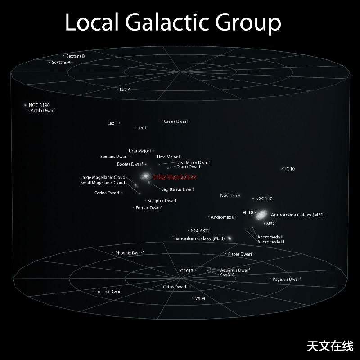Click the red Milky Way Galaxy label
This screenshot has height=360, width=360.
pos(175,177)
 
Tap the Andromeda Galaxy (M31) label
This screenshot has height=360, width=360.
pos(297,215)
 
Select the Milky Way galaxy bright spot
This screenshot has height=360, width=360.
pos(146,176)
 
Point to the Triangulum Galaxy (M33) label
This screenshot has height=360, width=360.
pos(198,238)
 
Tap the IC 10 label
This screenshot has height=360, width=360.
pos(290,169)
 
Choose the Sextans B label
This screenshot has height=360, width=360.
pos(76,56)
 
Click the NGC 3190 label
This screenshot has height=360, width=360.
pos(39,105)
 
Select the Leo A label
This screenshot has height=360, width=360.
pos(125,90)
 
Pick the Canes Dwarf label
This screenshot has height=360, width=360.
pos(176,121)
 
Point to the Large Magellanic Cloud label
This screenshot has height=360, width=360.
pos(103,177)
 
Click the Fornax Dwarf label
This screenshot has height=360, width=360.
pos(148,208)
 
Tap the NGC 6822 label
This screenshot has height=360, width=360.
pos(200,231)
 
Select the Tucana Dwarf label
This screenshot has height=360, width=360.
pos(109,292)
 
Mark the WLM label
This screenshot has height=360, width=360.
pos(200,298)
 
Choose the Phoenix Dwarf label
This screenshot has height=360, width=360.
pos(129,253)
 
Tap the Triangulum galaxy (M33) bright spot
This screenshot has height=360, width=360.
pos(229,238)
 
